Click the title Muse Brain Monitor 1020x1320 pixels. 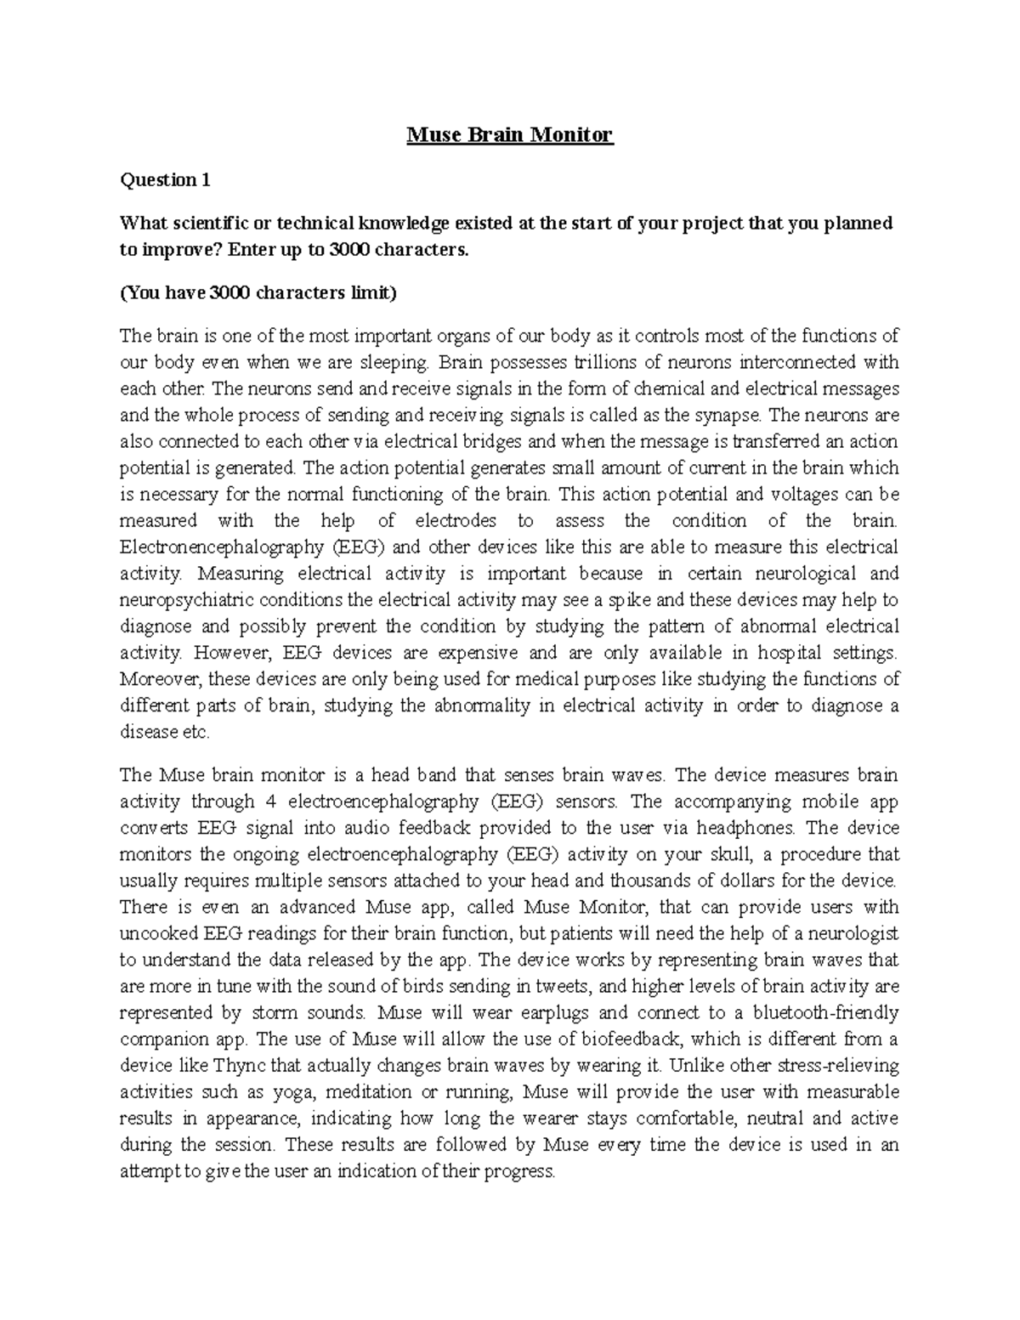[x=510, y=134]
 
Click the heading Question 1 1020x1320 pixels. [x=164, y=180]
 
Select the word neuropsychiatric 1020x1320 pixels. [x=187, y=599]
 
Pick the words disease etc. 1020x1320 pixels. [x=164, y=732]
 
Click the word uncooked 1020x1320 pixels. [x=156, y=933]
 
